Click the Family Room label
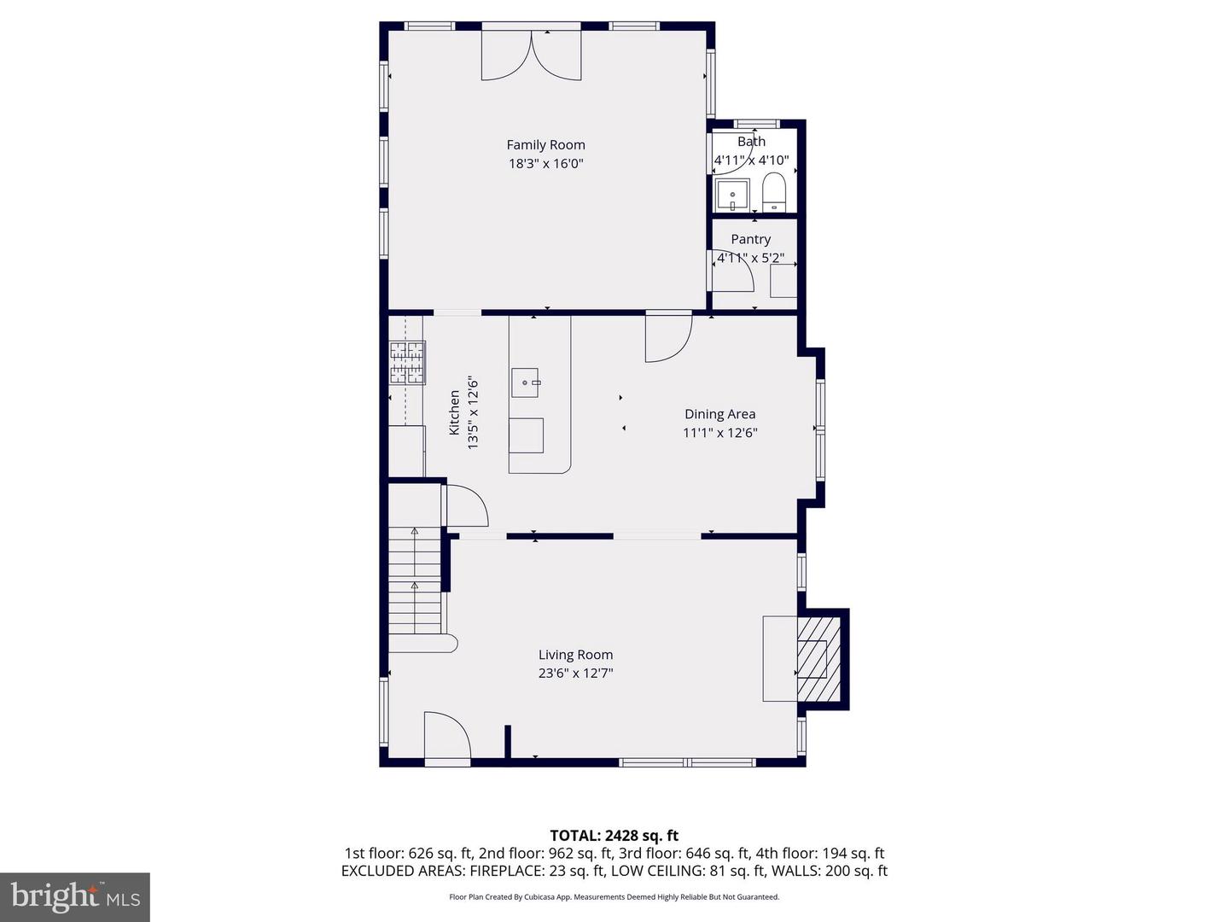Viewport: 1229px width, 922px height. pyautogui.click(x=545, y=145)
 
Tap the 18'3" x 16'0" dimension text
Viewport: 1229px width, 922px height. pyautogui.click(x=545, y=164)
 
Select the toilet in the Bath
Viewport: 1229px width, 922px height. pyautogui.click(x=773, y=192)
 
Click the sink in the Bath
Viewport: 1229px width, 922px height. pyautogui.click(x=732, y=195)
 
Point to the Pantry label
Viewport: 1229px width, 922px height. pyautogui.click(x=750, y=240)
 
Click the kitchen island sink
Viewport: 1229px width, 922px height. pyautogui.click(x=526, y=383)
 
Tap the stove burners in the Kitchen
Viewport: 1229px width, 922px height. pyautogui.click(x=407, y=363)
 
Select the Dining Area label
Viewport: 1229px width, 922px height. pyautogui.click(x=719, y=414)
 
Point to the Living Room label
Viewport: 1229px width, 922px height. pyautogui.click(x=575, y=655)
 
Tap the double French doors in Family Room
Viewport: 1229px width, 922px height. pyautogui.click(x=531, y=55)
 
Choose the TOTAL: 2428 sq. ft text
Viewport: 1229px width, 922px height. pyautogui.click(x=614, y=836)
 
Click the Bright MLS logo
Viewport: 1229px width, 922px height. pyautogui.click(x=75, y=896)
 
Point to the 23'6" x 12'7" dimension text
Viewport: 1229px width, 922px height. pyautogui.click(x=575, y=674)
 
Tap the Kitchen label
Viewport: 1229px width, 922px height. pyautogui.click(x=455, y=413)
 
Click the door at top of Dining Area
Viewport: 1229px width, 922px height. pyautogui.click(x=667, y=337)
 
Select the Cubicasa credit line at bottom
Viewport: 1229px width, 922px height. pyautogui.click(x=614, y=897)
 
